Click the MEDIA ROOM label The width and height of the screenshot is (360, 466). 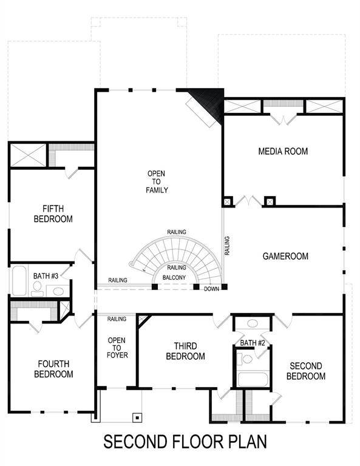pyautogui.click(x=283, y=151)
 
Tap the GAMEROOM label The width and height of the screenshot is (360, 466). pyautogui.click(x=285, y=256)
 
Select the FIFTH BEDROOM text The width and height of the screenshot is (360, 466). pyautogui.click(x=53, y=213)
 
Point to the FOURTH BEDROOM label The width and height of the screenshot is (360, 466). pyautogui.click(x=54, y=369)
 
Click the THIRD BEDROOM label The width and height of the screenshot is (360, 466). pyautogui.click(x=185, y=351)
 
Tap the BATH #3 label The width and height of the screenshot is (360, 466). pyautogui.click(x=46, y=276)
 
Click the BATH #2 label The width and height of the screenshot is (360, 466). pyautogui.click(x=253, y=343)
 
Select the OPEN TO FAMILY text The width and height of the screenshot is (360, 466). pyautogui.click(x=156, y=182)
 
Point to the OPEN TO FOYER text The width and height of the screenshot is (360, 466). pyautogui.click(x=117, y=348)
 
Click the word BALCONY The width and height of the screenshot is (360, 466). pyautogui.click(x=175, y=278)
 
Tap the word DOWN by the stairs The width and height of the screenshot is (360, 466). pyautogui.click(x=211, y=289)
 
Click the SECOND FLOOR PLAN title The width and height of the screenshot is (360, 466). pyautogui.click(x=185, y=441)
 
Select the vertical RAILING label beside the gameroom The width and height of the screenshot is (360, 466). pyautogui.click(x=227, y=246)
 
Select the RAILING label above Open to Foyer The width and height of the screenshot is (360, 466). pyautogui.click(x=117, y=319)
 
